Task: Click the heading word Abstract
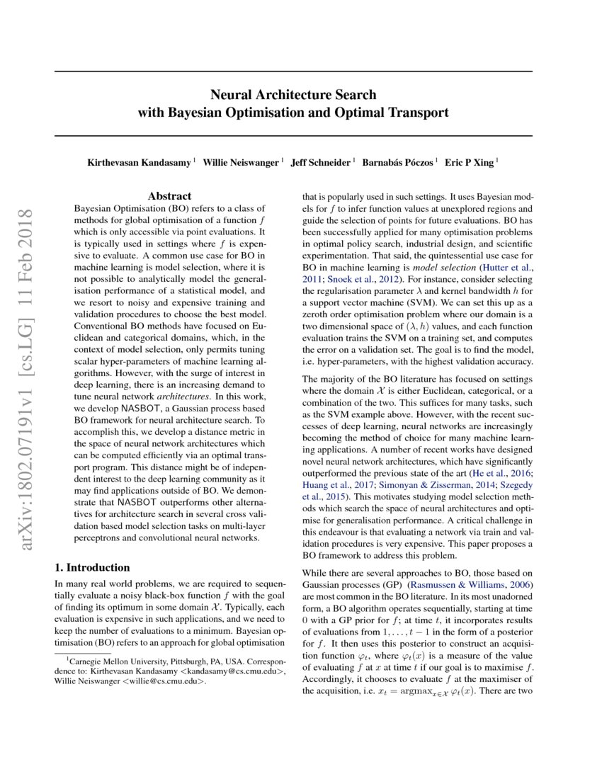pyautogui.click(x=169, y=196)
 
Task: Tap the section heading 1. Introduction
pyautogui.click(x=92, y=567)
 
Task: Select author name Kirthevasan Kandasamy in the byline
pyautogui.click(x=139, y=163)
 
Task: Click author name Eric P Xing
pyautogui.click(x=470, y=163)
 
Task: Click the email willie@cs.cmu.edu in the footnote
pyautogui.click(x=163, y=681)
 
